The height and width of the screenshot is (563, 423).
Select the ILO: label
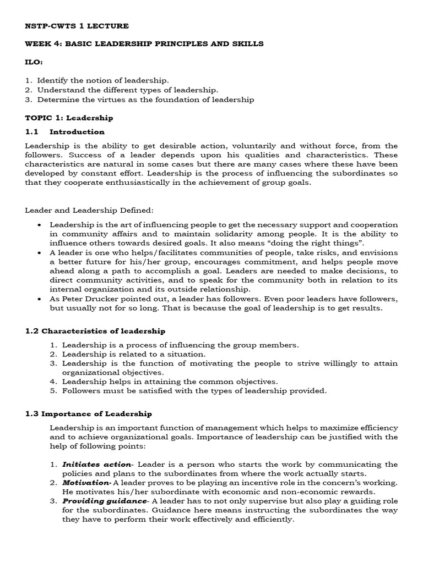[34, 62]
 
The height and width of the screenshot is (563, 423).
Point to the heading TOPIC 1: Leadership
[69, 118]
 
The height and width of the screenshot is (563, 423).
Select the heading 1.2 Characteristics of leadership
[95, 331]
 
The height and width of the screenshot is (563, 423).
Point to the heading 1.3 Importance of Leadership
[89, 413]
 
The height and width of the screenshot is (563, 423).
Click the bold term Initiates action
[96, 465]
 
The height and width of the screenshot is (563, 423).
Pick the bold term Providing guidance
[104, 501]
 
